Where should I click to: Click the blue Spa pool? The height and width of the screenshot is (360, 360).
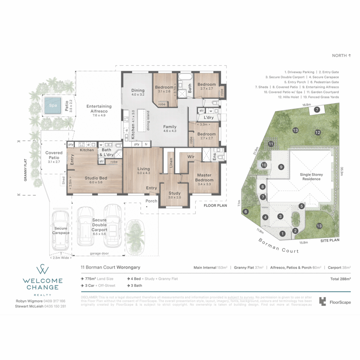(52, 105)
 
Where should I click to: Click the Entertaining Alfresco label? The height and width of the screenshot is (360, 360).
(99, 109)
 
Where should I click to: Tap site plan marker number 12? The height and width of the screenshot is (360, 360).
(318, 133)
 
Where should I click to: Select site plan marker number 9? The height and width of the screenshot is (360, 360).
(281, 167)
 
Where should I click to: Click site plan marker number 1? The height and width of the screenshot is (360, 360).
(283, 234)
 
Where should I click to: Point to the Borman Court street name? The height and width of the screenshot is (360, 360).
(279, 246)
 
